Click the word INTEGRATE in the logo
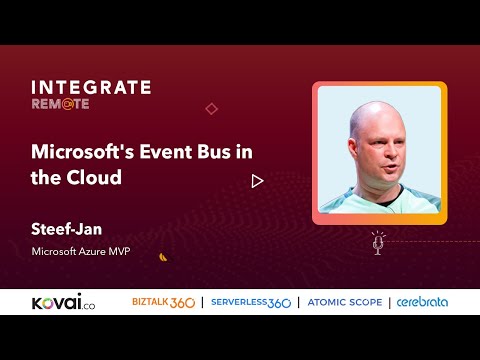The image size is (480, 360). [91, 87]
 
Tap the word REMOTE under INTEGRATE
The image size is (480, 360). [60, 103]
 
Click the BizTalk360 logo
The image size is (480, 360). [163, 301]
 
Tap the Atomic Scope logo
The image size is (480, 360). [343, 301]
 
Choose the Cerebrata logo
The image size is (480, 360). [422, 301]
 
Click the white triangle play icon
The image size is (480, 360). [257, 181]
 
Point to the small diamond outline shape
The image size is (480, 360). [211, 108]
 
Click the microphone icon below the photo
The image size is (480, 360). [378, 242]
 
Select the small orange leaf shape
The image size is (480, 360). [163, 256]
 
